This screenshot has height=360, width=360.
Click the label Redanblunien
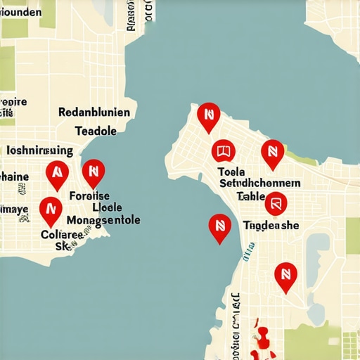pyautogui.click(x=94, y=112)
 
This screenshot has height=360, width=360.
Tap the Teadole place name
pyautogui.click(x=96, y=131)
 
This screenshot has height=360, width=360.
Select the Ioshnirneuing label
pyautogui.click(x=39, y=150)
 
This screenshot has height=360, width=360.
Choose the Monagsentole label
pyautogui.click(x=103, y=220)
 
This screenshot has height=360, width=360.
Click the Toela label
pyautogui.click(x=231, y=171)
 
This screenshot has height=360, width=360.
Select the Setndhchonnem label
pyautogui.click(x=261, y=183)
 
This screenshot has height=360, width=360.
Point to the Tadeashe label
pyautogui.click(x=271, y=225)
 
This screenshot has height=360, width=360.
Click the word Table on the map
pyautogui.click(x=251, y=196)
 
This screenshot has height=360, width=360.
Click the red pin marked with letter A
pyautogui.click(x=56, y=172)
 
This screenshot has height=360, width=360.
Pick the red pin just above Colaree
pyautogui.click(x=49, y=208)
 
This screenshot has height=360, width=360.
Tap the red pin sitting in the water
pyautogui.click(x=220, y=227)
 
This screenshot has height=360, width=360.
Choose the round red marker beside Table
pyautogui.click(x=276, y=204)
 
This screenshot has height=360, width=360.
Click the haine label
pyautogui.click(x=14, y=176)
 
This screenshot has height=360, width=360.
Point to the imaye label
pyautogui.click(x=14, y=209)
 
